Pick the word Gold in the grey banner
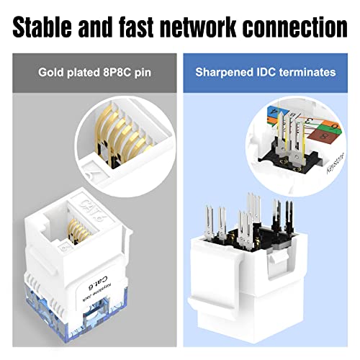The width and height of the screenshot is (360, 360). click(52, 72)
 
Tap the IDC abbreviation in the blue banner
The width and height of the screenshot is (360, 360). click(262, 72)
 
